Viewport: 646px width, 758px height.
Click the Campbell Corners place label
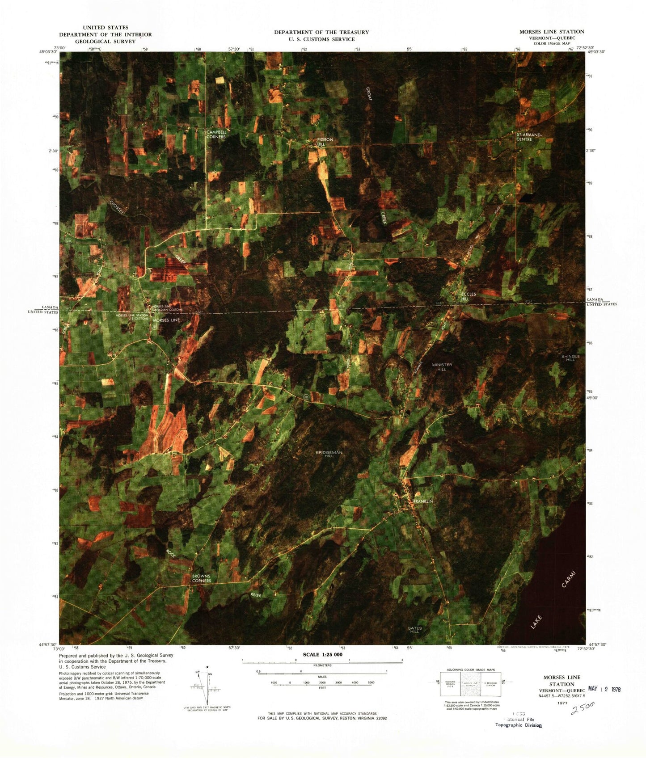click(216, 134)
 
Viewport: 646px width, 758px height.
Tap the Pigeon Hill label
click(325, 142)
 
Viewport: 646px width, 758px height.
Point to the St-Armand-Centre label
click(529, 137)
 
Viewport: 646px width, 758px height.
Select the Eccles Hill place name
click(468, 296)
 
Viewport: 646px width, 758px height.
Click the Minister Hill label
click(442, 367)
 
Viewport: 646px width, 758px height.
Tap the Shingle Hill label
click(570, 358)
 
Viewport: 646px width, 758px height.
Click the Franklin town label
click(422, 501)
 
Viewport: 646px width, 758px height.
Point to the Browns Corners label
click(201, 578)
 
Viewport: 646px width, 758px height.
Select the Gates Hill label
click(414, 630)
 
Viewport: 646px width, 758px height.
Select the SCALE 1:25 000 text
click(322, 654)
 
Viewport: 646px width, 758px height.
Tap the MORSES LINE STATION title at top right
click(551, 32)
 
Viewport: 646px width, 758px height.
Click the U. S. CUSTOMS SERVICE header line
click(321, 39)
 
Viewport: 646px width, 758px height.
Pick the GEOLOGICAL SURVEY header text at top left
click(105, 42)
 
